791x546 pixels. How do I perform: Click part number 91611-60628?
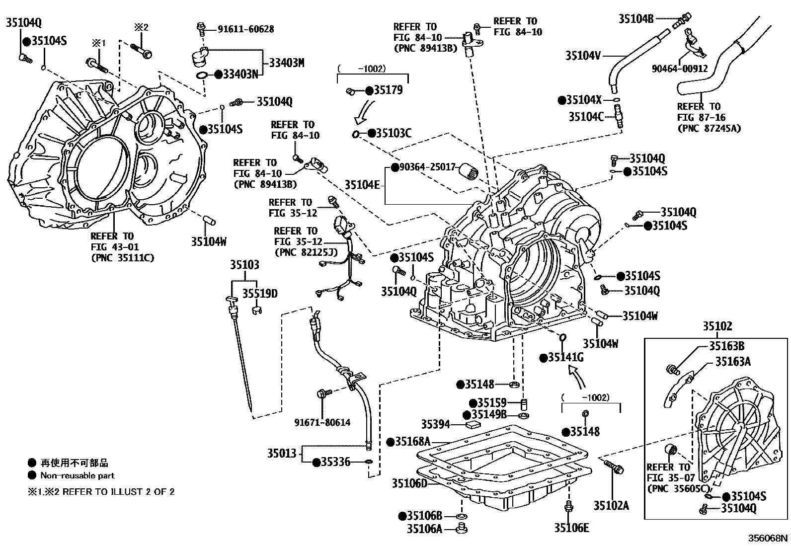[x=245, y=29]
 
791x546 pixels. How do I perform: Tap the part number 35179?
[x=388, y=90]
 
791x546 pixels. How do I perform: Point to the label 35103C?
[x=394, y=133]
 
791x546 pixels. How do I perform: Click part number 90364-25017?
[x=428, y=167]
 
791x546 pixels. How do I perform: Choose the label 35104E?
[x=362, y=185]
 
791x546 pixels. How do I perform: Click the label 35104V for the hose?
[x=583, y=55]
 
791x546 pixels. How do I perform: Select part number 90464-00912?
[x=680, y=69]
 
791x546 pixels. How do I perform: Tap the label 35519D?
[x=260, y=294]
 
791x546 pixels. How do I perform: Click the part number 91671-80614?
[x=322, y=423]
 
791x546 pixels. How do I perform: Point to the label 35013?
[x=282, y=453]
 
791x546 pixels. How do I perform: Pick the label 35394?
[x=435, y=424]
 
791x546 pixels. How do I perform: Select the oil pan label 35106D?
[x=409, y=483]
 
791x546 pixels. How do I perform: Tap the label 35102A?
[x=611, y=506]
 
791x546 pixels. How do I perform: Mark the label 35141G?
[x=566, y=358]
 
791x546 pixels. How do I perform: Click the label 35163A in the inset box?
[x=733, y=362]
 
